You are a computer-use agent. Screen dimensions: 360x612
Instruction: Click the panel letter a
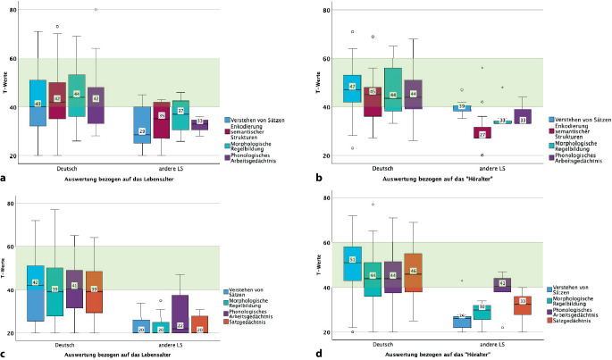4,177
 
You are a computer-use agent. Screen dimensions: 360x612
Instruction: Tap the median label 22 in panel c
180,325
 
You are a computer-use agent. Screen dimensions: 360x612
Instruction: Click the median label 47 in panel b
352,87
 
